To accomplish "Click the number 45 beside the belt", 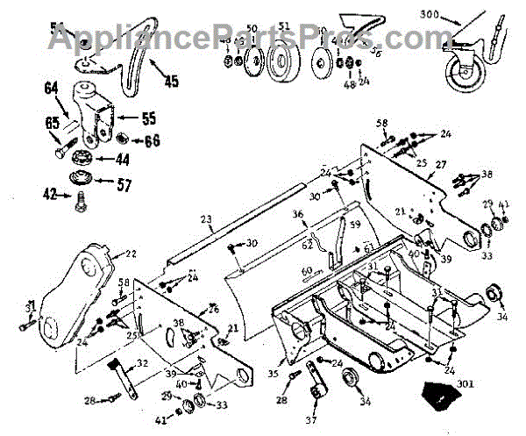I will click(169, 82).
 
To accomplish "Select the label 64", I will click(50, 87).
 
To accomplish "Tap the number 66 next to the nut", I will click(152, 139).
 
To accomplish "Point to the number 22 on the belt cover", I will click(131, 254).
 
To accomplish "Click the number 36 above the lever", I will click(298, 214).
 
